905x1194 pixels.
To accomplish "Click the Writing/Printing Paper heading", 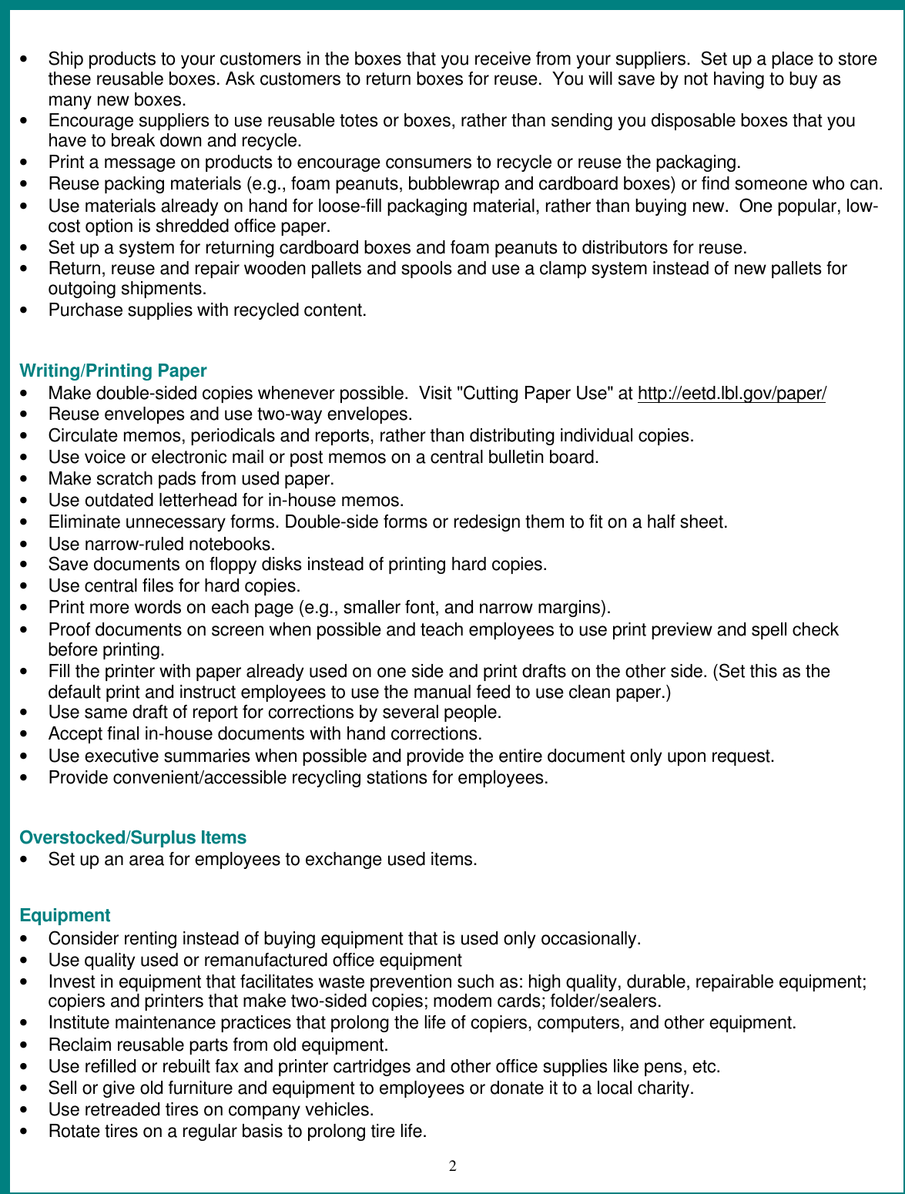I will (112, 371).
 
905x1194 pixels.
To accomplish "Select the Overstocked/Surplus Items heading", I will (132, 838).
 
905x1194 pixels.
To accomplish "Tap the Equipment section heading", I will (65, 916).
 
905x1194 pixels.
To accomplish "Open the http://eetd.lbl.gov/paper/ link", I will (731, 394).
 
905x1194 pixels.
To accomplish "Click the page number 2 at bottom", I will (453, 1165).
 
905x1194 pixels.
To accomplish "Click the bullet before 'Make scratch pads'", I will (28, 479).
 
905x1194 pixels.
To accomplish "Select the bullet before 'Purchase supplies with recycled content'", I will (28, 310).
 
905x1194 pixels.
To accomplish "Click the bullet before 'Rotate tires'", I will (28, 1132).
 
